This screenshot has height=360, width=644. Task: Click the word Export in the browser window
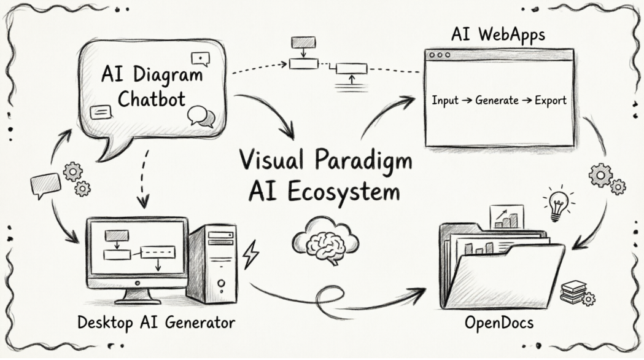tap(550, 101)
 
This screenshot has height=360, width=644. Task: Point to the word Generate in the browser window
tap(497, 101)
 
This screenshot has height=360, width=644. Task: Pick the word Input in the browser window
tap(445, 101)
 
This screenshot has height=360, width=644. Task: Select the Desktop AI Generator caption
tap(156, 323)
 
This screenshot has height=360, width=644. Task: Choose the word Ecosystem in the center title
tap(351, 192)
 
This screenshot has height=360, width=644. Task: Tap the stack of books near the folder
tap(573, 291)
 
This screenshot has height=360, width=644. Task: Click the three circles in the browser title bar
tap(439, 55)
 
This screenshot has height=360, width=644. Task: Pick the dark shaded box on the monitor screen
tap(117, 235)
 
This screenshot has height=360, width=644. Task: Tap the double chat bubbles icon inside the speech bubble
tap(201, 116)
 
